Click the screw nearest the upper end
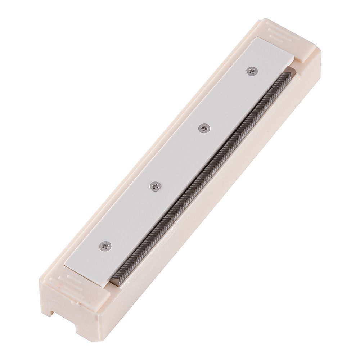pyautogui.click(x=252, y=71)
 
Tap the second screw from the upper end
pyautogui.click(x=204, y=128)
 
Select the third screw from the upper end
pyautogui.click(x=155, y=186)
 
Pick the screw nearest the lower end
pyautogui.click(x=105, y=246)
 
